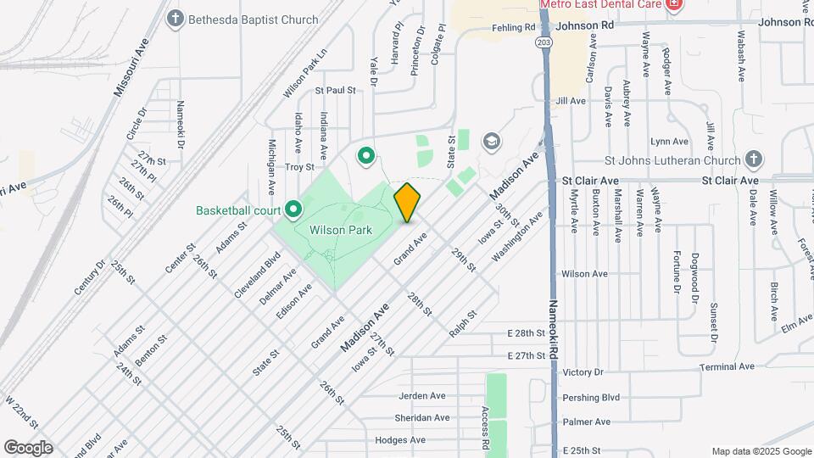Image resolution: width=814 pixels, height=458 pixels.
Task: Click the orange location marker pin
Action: [407, 202]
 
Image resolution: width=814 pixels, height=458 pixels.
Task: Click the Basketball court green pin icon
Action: [293, 209]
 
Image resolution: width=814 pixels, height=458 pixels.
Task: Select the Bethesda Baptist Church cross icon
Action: [176, 19]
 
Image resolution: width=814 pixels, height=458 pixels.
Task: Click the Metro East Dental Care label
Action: [601, 4]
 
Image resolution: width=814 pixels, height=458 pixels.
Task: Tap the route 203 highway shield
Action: [544, 42]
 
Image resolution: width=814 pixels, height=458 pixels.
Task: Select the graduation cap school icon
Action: [491, 141]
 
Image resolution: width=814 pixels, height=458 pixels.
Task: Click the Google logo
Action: [28, 447]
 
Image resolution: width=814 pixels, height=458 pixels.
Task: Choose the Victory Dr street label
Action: [582, 372]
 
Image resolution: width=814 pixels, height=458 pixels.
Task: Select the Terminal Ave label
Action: [727, 366]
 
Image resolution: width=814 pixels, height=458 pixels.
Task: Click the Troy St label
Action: [299, 168]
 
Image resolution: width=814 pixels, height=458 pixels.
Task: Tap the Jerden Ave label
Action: [422, 396]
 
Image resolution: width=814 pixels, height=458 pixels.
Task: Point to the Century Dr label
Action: [90, 276]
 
